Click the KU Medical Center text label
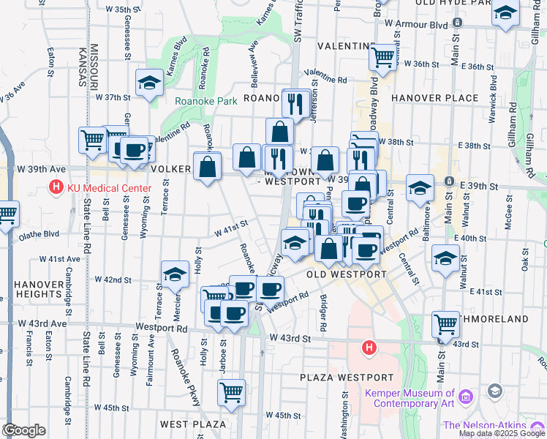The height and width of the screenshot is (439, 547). [109, 188]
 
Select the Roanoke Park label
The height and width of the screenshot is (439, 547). [205, 102]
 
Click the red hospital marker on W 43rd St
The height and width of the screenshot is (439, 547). [369, 348]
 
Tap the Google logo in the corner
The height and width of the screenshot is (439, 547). [24, 430]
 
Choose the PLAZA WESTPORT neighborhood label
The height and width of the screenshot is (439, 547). [347, 378]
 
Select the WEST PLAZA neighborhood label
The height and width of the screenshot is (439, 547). [193, 424]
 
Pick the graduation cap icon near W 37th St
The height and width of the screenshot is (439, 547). [150, 83]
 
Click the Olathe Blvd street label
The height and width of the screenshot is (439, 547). [41, 235]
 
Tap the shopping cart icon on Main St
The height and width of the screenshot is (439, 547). [445, 322]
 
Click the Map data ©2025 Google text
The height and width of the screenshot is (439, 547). [502, 433]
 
